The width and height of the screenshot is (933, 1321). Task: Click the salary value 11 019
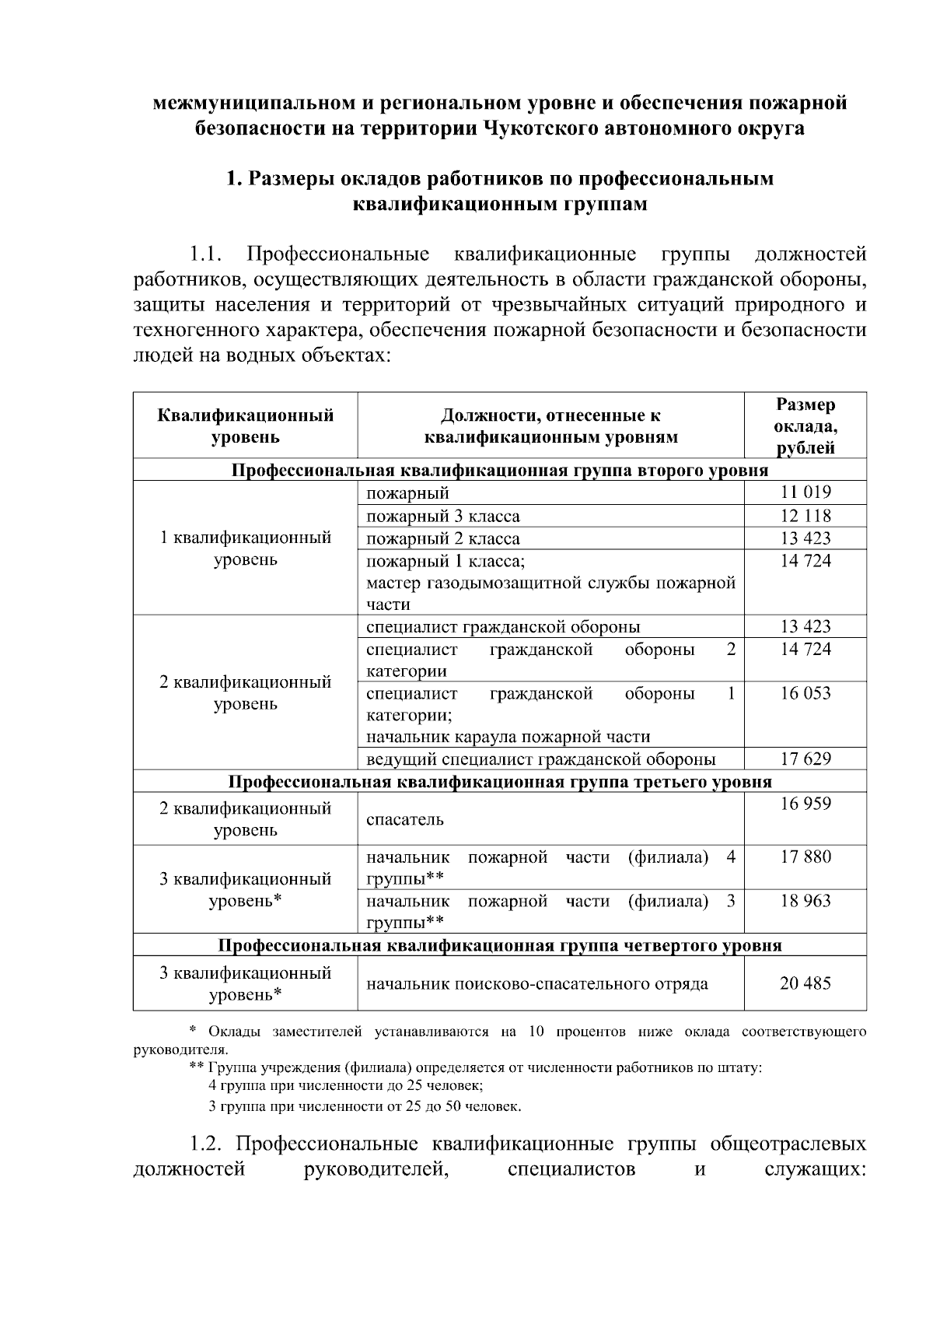[805, 492]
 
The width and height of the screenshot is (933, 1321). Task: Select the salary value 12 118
[805, 516]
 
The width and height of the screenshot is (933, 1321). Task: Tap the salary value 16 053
[805, 693]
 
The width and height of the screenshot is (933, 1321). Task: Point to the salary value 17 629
[805, 759]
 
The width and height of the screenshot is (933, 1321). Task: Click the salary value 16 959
[805, 804]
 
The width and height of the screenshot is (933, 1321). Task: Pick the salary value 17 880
[805, 857]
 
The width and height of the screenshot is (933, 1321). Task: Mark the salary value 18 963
[805, 901]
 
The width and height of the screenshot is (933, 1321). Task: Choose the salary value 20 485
[805, 983]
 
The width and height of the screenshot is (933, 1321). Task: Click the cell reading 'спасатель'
[405, 819]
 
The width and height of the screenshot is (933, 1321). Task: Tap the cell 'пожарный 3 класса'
[443, 516]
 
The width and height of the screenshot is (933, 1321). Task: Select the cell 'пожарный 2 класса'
[443, 538]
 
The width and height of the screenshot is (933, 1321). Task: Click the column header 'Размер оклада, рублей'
[805, 426]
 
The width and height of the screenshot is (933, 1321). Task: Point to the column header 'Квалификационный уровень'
[246, 426]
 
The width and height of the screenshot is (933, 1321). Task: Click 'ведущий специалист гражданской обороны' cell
[541, 759]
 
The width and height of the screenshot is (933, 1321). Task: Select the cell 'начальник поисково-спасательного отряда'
[537, 983]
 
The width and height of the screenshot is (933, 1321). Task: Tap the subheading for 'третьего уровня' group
[499, 781]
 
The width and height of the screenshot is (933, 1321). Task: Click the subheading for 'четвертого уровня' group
[499, 945]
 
